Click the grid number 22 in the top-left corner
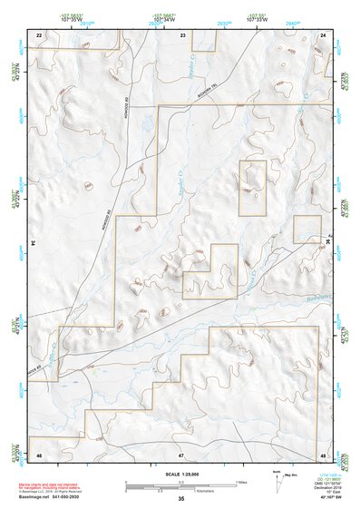click(x=39, y=34)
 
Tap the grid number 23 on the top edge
click(x=182, y=34)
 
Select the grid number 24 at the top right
click(x=324, y=34)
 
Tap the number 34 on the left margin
click(x=33, y=243)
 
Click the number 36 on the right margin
click(x=328, y=243)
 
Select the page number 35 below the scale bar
click(x=181, y=499)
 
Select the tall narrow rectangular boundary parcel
click(x=253, y=188)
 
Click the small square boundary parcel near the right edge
click(x=306, y=230)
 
